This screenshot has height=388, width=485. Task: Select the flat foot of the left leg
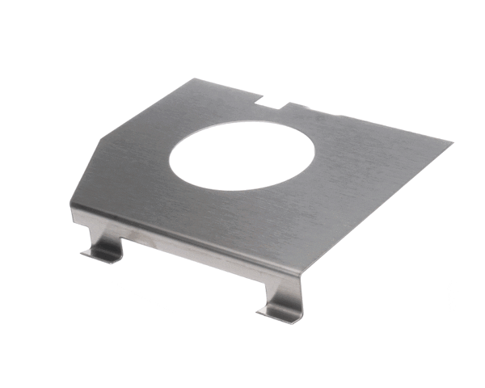pyautogui.click(x=100, y=254)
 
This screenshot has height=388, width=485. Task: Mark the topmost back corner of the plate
pyautogui.click(x=196, y=78)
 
